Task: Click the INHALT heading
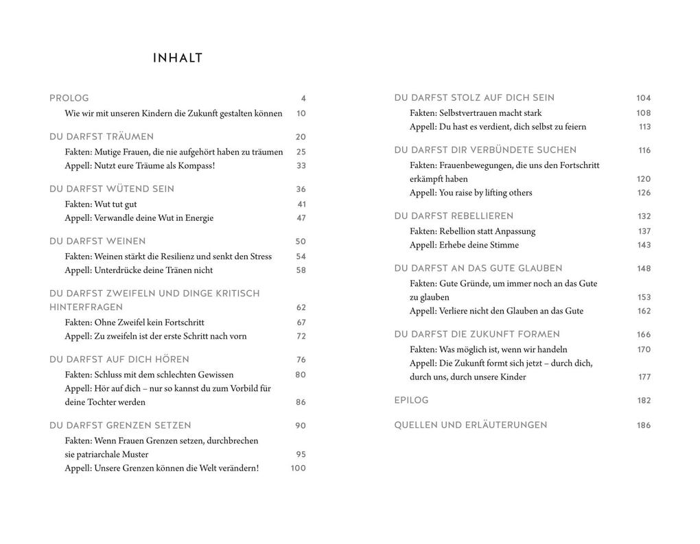pyautogui.click(x=178, y=58)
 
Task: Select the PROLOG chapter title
pyautogui.click(x=69, y=98)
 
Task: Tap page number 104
pyautogui.click(x=643, y=98)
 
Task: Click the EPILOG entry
pyautogui.click(x=411, y=400)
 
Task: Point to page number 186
pyautogui.click(x=643, y=425)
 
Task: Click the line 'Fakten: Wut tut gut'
pyautogui.click(x=101, y=204)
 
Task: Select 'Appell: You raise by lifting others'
pyautogui.click(x=471, y=193)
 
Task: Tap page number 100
pyautogui.click(x=298, y=469)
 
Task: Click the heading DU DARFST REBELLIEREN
pyautogui.click(x=454, y=216)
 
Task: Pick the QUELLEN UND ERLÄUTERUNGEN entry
pyautogui.click(x=470, y=425)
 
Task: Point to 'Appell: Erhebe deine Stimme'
pyautogui.click(x=464, y=245)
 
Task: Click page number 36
pyautogui.click(x=301, y=189)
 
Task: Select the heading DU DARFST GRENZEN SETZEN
pyautogui.click(x=120, y=425)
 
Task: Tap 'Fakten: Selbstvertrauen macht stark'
pyautogui.click(x=476, y=113)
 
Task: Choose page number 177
pyautogui.click(x=644, y=377)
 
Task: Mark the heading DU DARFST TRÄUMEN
pyautogui.click(x=102, y=137)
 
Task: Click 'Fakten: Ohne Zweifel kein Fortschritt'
pyautogui.click(x=135, y=322)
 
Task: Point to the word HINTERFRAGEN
pyautogui.click(x=86, y=307)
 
